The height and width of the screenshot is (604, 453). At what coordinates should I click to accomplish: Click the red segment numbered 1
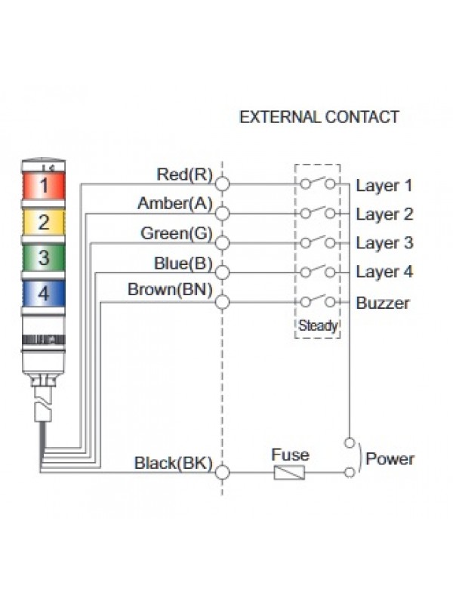click(x=45, y=185)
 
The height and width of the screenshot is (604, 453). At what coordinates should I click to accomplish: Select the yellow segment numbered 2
click(x=45, y=222)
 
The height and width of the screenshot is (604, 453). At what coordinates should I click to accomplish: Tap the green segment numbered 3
click(x=45, y=257)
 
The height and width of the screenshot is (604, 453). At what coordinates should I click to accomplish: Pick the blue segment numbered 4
click(x=45, y=293)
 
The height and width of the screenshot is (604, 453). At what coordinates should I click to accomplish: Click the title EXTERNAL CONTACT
click(x=319, y=117)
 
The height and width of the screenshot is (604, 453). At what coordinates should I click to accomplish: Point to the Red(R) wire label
click(x=184, y=175)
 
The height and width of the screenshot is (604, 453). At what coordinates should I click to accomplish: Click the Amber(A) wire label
click(x=175, y=204)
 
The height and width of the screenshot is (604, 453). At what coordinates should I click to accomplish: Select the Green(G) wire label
click(x=177, y=233)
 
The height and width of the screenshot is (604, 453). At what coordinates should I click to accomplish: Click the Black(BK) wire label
click(x=173, y=462)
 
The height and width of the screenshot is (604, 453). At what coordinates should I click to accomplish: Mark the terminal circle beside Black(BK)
click(x=223, y=473)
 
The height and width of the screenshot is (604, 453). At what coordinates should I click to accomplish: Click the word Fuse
click(x=290, y=455)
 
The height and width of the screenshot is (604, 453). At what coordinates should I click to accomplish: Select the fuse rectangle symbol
click(x=290, y=473)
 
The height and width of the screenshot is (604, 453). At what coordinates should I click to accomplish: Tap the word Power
click(x=390, y=459)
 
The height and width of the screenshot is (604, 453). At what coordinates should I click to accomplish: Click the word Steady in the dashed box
click(x=318, y=327)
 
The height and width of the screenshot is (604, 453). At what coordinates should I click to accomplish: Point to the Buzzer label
click(x=383, y=304)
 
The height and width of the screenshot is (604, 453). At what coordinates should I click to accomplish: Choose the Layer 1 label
click(x=384, y=186)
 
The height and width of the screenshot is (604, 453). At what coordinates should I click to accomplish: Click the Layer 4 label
click(x=384, y=272)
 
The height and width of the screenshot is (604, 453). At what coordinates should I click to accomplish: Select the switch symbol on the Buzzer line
click(x=317, y=300)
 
